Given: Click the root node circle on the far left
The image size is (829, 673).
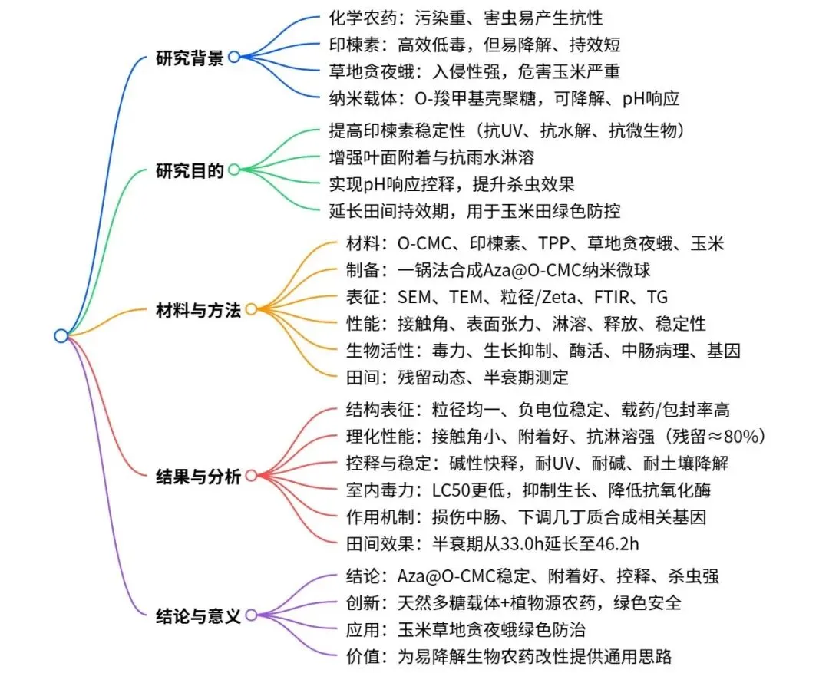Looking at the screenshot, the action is (61, 335).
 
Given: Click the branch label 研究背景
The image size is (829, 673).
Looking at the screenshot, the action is (189, 57).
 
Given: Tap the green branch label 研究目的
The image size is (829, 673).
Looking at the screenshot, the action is (189, 170).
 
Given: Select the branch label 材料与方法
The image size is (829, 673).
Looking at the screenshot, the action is (198, 310).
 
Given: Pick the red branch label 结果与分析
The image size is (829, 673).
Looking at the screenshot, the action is (198, 476).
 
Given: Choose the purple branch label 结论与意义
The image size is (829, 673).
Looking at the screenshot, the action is (198, 615).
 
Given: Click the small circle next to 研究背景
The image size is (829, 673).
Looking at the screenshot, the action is (233, 56).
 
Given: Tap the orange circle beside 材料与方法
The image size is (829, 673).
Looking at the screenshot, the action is (251, 310).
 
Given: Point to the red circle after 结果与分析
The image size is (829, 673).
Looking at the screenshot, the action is (251, 476).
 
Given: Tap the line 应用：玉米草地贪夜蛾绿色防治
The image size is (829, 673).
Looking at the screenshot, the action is (467, 629).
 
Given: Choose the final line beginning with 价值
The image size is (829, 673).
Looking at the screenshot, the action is (510, 656).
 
